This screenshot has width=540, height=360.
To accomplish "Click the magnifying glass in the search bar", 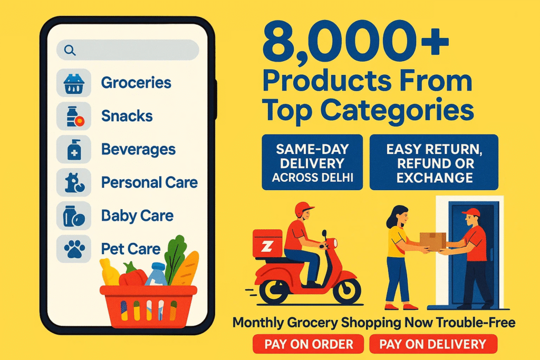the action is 70,50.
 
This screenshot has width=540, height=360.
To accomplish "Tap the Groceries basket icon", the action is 74,84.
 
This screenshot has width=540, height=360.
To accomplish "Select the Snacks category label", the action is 127,116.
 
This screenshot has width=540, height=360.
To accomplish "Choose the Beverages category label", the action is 138,149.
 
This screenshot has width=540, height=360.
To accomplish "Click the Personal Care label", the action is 149,182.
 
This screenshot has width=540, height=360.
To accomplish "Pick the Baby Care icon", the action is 74,216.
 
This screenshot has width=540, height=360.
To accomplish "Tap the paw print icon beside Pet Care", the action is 74,249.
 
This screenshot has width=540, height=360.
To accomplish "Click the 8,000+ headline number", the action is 355,40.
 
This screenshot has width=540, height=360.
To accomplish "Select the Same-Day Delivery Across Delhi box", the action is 312,162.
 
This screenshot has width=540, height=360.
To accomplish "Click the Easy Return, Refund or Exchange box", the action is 434,162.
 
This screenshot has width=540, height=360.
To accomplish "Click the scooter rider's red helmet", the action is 303,209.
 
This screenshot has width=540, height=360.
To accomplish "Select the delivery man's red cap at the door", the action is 471,212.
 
